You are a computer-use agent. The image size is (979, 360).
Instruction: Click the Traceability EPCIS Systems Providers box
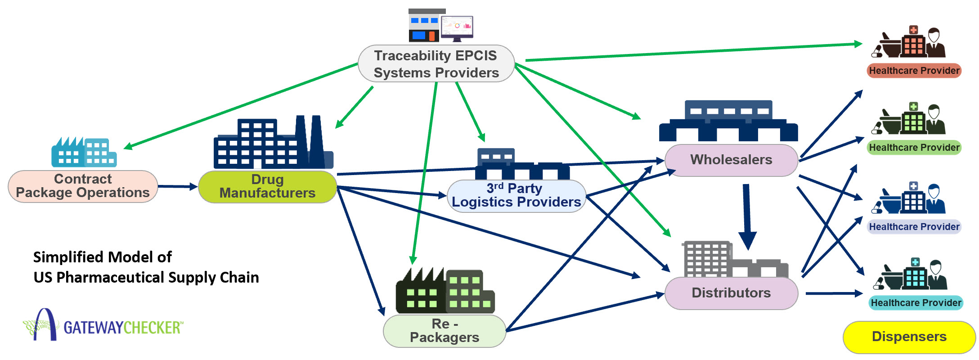pyautogui.click(x=436, y=63)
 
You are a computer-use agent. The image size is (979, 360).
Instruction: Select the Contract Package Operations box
pyautogui.click(x=83, y=186)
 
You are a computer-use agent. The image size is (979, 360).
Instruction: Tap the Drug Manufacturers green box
pyautogui.click(x=267, y=186)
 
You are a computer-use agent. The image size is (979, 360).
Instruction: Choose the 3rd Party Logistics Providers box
pyautogui.click(x=516, y=196)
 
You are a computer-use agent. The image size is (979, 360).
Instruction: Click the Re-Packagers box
pyautogui.click(x=445, y=331)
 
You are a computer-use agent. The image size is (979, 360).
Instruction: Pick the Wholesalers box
pyautogui.click(x=731, y=160)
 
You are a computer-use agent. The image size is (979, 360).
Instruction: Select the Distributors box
pyautogui.click(x=731, y=293)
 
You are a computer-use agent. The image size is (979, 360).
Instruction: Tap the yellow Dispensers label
pyautogui.click(x=909, y=337)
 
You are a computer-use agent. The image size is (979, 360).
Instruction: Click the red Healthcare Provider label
pyautogui.click(x=914, y=71)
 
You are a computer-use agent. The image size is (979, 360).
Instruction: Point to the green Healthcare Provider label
pyautogui.click(x=914, y=148)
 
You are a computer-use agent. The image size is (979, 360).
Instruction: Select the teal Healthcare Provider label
pyautogui.click(x=916, y=303)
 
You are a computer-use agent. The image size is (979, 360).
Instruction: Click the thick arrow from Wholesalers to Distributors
pyautogui.click(x=747, y=216)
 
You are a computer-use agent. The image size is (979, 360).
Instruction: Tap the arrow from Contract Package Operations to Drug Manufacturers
pyautogui.click(x=178, y=186)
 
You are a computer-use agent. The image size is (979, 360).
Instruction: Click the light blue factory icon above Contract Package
pyautogui.click(x=84, y=153)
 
